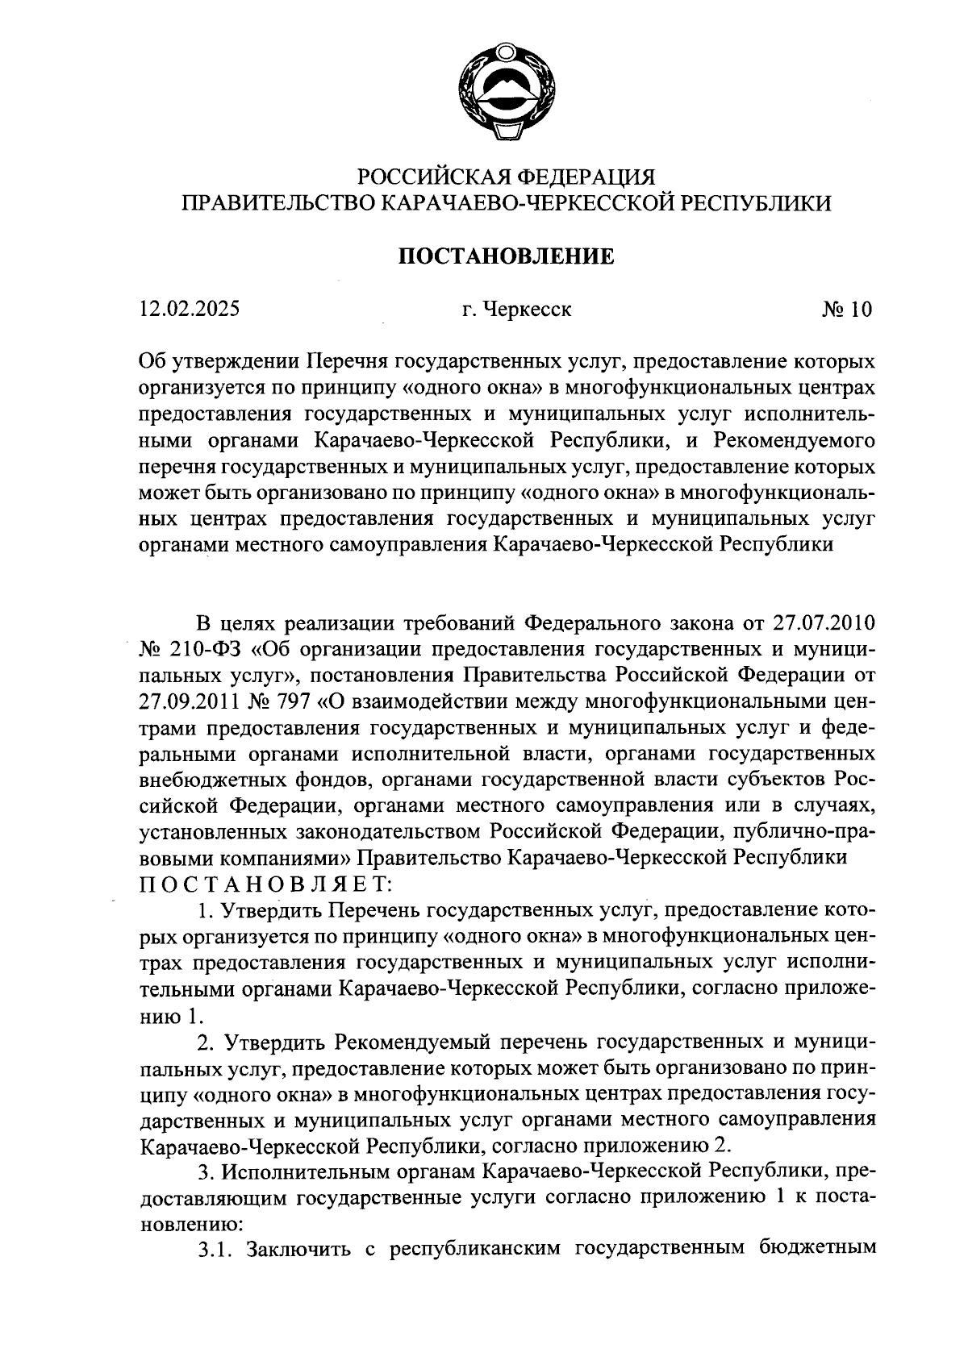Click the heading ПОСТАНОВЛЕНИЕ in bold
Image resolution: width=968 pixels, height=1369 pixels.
[x=507, y=256]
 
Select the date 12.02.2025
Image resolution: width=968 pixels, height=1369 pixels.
[x=189, y=309]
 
